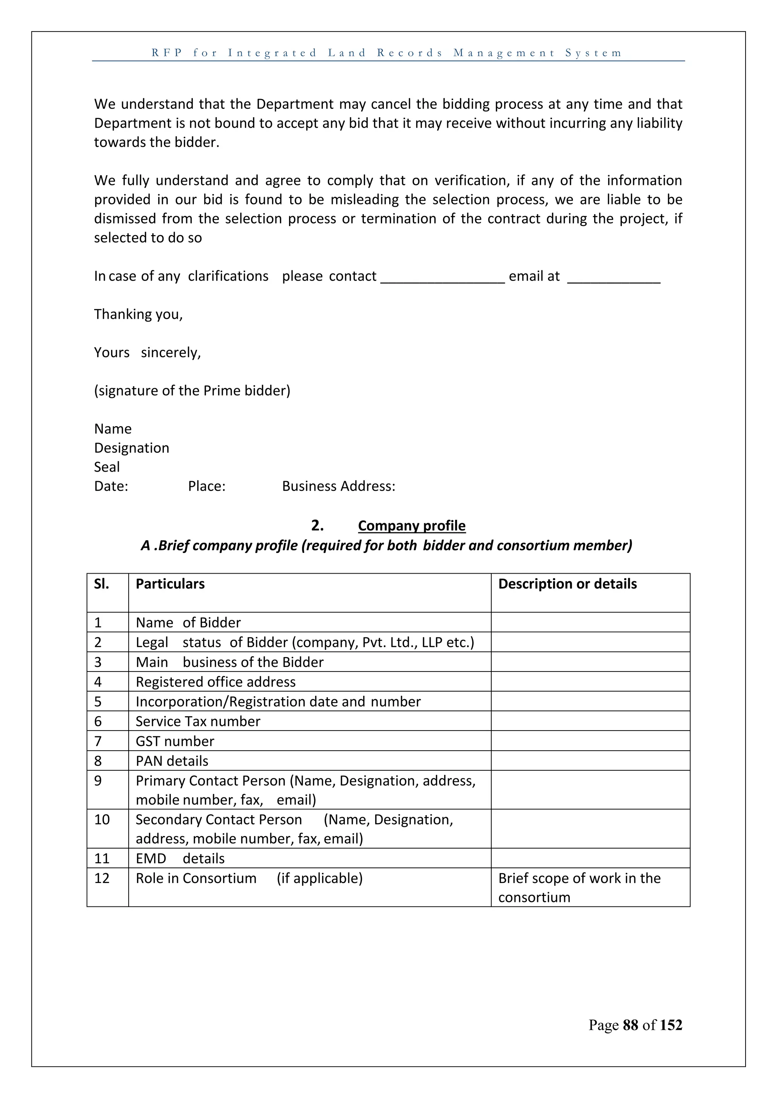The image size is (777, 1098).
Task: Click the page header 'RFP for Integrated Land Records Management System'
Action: pos(387,53)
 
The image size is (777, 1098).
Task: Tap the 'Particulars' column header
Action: pos(170,584)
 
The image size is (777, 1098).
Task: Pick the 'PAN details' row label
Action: pos(172,761)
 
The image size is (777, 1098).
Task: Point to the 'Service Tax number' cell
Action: pos(198,721)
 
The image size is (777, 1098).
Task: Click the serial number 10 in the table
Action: pos(102,820)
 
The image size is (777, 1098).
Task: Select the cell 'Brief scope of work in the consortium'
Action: pos(579,888)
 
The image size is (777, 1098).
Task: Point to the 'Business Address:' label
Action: pos(338,486)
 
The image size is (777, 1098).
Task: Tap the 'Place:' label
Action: pos(206,486)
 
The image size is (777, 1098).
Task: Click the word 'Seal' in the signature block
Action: pos(107,467)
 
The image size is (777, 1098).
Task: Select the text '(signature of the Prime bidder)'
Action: pos(192,391)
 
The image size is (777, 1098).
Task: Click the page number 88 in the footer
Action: pos(630,1025)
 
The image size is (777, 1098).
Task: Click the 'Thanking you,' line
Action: pos(138,314)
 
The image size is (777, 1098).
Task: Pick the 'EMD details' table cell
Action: pos(180,858)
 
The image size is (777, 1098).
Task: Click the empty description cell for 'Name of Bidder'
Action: pos(590,623)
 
